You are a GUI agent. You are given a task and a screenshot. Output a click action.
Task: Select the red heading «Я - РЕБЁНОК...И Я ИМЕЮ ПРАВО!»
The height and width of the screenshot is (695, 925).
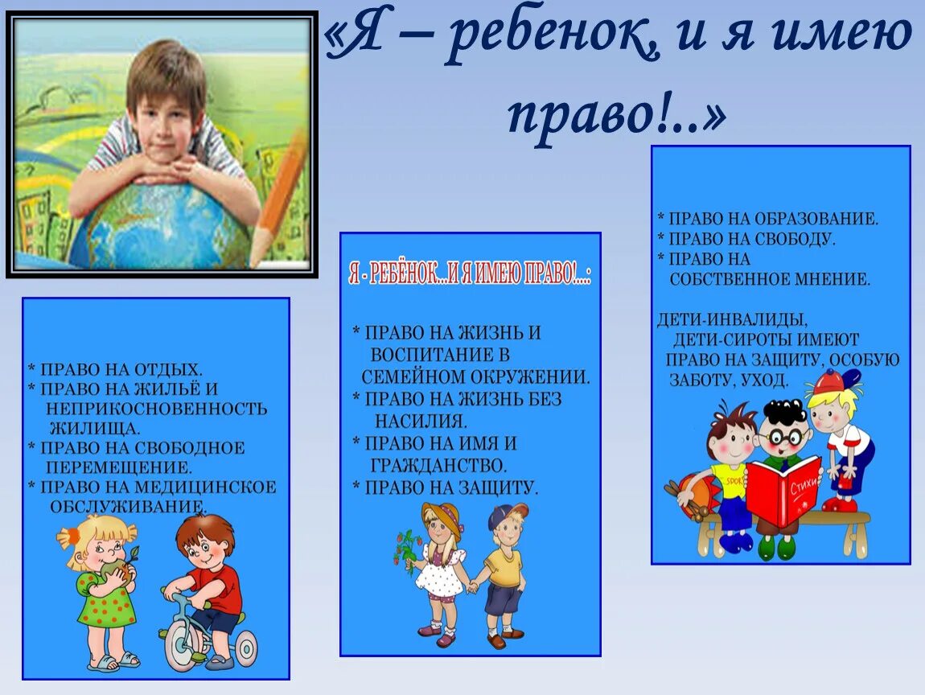coord(471,275)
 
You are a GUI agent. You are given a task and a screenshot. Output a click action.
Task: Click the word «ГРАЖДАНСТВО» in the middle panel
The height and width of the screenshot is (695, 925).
coord(439,465)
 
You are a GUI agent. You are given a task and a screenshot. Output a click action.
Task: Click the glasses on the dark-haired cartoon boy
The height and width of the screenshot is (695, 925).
coord(785,438)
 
